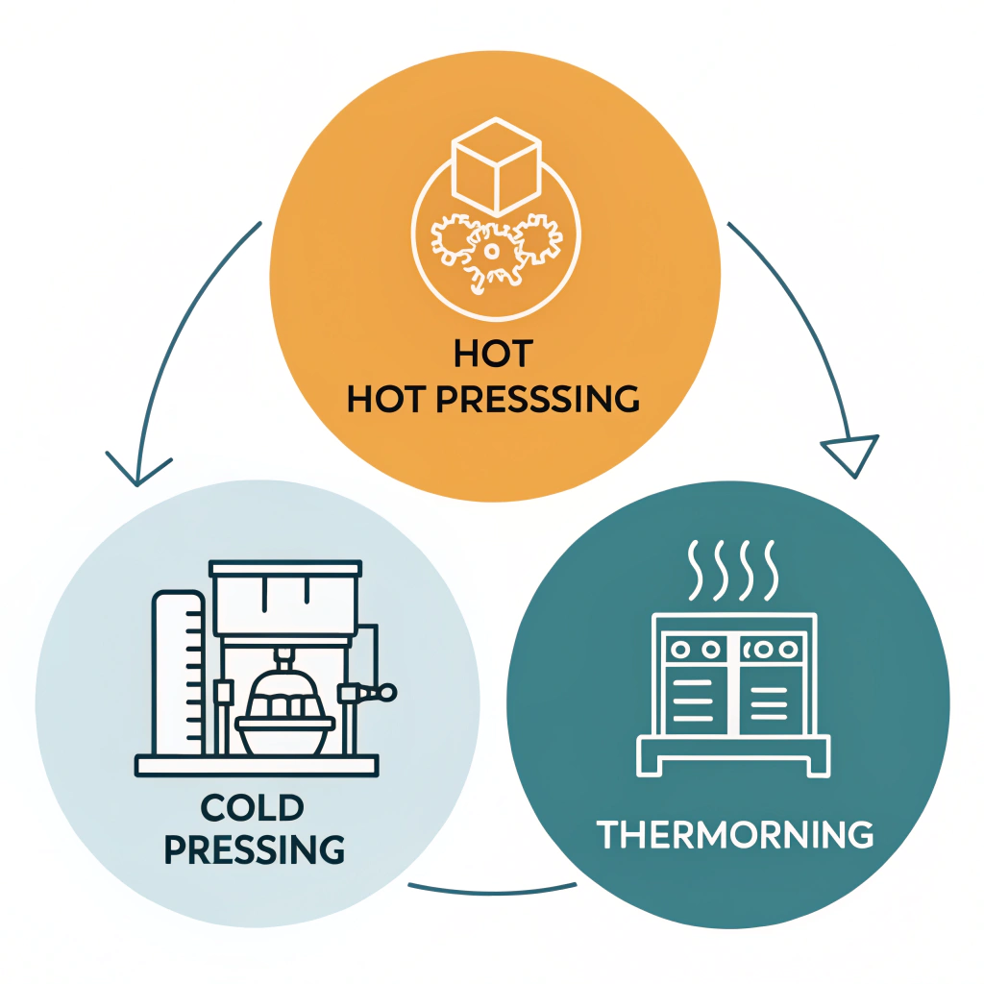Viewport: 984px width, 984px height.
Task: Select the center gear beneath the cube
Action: [491, 252]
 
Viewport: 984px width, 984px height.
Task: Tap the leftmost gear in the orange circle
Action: [449, 245]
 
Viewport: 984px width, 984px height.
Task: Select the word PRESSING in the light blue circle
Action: [256, 849]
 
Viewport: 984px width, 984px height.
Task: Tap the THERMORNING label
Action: [735, 834]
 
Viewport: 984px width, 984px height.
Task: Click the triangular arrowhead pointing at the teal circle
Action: [851, 453]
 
